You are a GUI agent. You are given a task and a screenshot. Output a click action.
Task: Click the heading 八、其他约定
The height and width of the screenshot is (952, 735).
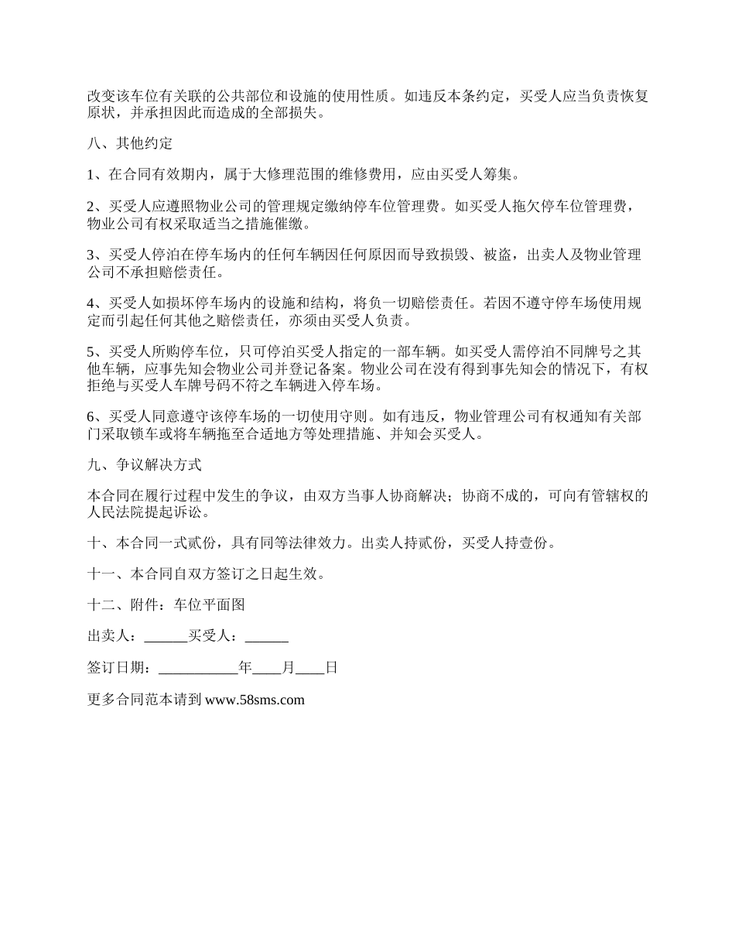coord(130,144)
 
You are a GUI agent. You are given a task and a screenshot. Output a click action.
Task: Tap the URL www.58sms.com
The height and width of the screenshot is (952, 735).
coord(255,700)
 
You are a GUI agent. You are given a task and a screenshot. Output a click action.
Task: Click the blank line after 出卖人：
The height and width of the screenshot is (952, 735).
coord(166,636)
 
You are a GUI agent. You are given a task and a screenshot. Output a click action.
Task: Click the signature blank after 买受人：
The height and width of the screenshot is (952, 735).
coord(267,636)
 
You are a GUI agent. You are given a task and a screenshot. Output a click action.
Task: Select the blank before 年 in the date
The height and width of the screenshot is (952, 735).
coord(199,668)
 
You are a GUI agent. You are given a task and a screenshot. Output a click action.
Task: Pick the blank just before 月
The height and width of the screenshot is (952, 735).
coord(267,668)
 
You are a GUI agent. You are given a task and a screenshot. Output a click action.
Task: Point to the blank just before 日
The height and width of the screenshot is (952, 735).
coord(310,668)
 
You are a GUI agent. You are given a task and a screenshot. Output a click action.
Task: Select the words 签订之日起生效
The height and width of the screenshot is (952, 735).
coord(268,574)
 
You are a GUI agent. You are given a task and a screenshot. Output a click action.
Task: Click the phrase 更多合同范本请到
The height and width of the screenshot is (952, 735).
coord(145,700)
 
